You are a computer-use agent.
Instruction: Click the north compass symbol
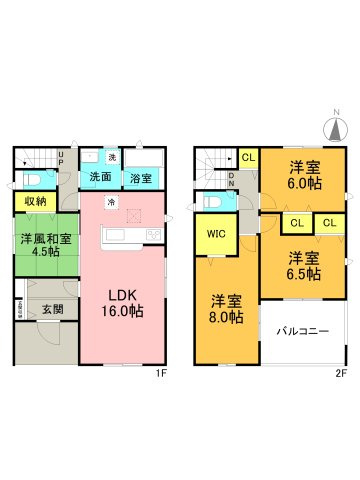pos(336,127)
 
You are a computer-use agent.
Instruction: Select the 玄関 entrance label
pos(53,310)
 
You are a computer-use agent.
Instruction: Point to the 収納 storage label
pos(34,201)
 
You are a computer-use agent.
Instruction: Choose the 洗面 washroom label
pos(100,177)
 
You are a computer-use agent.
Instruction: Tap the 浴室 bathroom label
pos(140,179)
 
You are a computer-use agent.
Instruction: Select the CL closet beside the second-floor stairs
pos(248,157)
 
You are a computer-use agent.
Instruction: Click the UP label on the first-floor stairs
pos(61,157)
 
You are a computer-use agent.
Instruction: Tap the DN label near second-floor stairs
pos(231,180)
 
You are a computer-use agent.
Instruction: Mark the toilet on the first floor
pos(32,178)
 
